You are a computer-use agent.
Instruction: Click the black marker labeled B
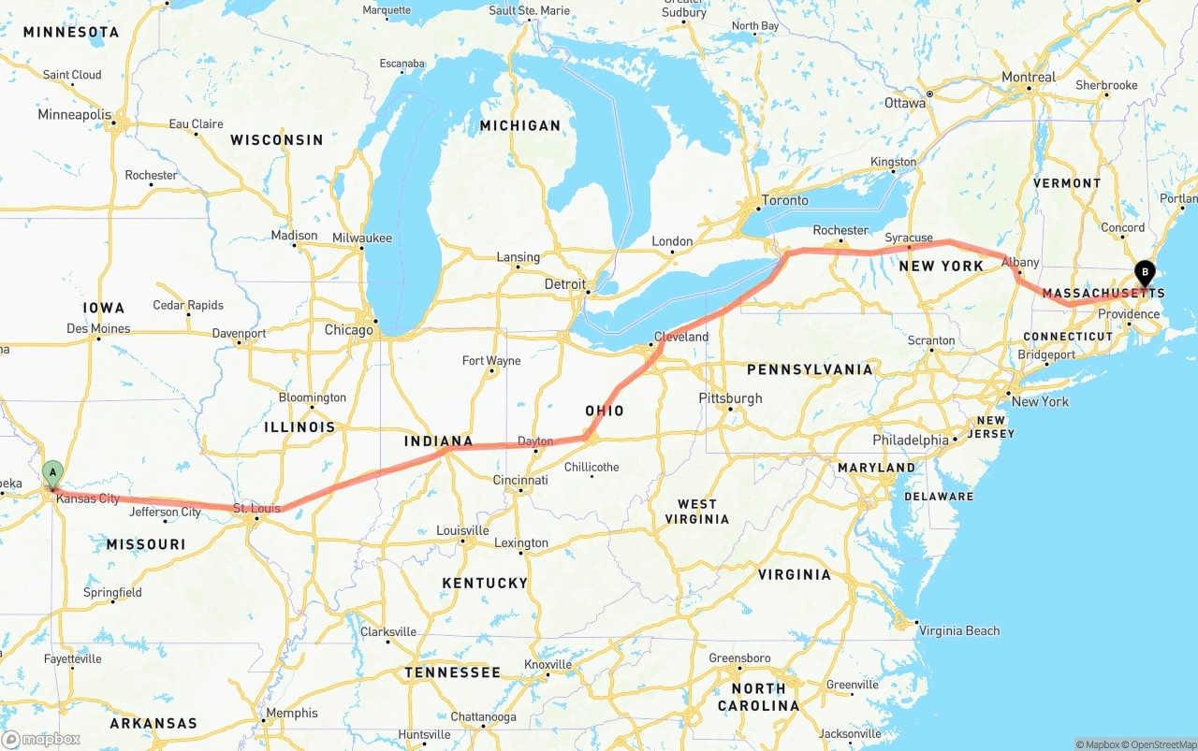point(1144,273)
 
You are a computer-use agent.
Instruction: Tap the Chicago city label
point(348,330)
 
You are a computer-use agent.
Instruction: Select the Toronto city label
point(784,200)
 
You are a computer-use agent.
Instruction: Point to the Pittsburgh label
point(730,398)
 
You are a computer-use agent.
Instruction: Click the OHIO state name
point(605,411)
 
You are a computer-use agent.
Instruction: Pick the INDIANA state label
point(438,441)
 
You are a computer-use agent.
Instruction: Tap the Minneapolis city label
point(74,115)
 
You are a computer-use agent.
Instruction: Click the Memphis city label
point(291,713)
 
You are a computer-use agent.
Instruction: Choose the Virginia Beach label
point(959,630)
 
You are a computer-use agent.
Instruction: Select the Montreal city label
point(1028,78)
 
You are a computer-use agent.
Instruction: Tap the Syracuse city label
point(909,238)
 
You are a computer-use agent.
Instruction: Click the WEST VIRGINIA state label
point(697,512)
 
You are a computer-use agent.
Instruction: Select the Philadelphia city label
point(910,440)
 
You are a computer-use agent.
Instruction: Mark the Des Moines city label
point(98,329)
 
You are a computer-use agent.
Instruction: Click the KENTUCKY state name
point(485,583)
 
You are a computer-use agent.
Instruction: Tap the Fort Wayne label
point(491,361)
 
